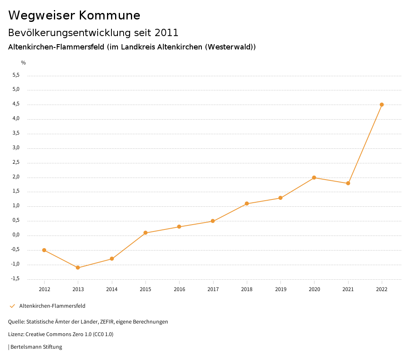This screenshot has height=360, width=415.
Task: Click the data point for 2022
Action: click(x=382, y=105)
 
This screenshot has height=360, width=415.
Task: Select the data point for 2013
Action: click(x=78, y=268)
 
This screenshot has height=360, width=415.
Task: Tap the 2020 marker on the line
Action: click(x=314, y=178)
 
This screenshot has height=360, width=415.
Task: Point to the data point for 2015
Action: click(x=145, y=233)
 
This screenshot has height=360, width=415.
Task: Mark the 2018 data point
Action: click(x=247, y=204)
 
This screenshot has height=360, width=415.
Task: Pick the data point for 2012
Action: click(x=44, y=250)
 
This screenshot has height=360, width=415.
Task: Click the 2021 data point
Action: click(x=348, y=183)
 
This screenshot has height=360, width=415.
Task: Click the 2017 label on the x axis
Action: click(x=213, y=289)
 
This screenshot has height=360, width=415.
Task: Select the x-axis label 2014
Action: click(x=112, y=289)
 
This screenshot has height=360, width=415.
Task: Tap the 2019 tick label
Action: click(x=280, y=289)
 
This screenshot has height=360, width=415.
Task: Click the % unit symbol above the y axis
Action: click(x=24, y=62)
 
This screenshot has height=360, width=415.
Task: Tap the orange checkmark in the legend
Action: click(x=12, y=306)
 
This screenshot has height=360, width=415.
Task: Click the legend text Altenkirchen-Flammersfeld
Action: click(x=52, y=306)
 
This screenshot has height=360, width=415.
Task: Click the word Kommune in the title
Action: click(x=109, y=15)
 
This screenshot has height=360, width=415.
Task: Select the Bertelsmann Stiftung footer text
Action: click(x=36, y=347)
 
